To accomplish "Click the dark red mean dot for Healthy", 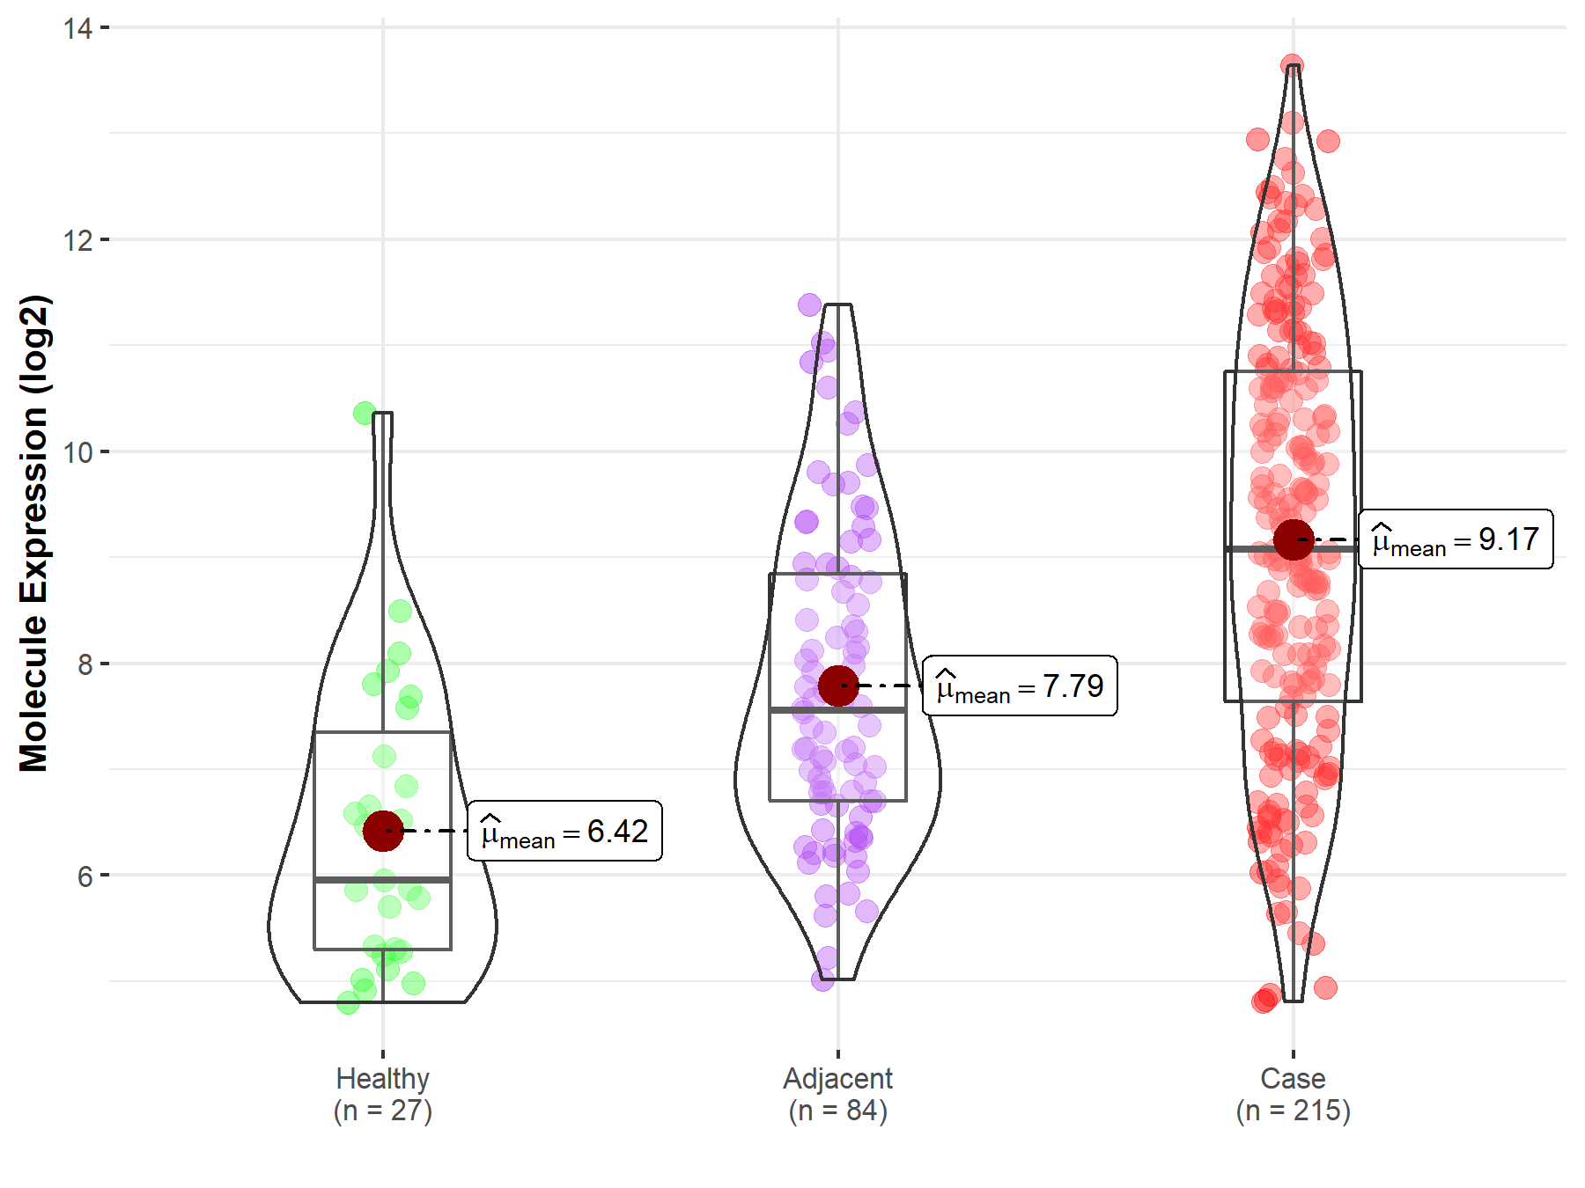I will pos(383,831).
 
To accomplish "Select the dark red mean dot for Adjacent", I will pos(838,686).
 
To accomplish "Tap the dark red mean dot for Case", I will pos(1294,539).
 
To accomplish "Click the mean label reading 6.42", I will pos(564,831).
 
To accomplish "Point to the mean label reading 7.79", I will pos(1020,686).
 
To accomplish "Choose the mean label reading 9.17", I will pos(1456,539).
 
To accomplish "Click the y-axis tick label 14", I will pos(77,28).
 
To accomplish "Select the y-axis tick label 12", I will pos(77,239).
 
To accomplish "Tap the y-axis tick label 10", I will pos(77,452).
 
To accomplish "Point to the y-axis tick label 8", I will pos(85,664).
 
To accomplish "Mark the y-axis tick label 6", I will pos(85,876).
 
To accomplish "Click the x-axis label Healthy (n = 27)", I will pos(383,1094).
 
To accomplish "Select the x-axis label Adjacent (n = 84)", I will pos(838,1094).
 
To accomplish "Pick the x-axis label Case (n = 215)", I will pos(1294,1094).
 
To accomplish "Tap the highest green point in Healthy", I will pos(365,413).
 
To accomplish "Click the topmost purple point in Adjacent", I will pos(810,305).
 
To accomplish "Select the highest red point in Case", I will pos(1292,66).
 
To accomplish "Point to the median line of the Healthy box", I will pos(383,879).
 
